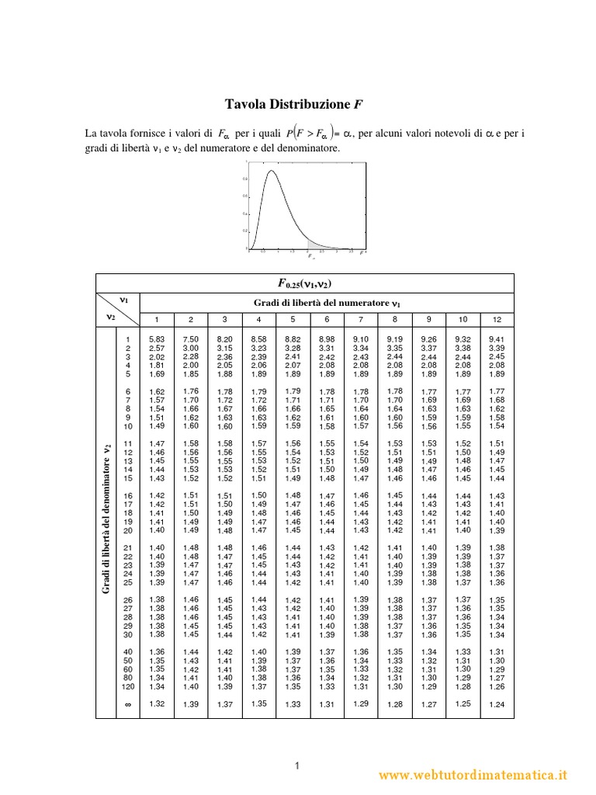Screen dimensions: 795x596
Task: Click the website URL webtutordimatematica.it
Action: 474,774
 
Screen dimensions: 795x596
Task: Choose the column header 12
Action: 497,319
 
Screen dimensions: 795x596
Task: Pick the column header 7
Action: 360,319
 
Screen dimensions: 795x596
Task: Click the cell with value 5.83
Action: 156,339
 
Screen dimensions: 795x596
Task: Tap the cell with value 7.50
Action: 190,339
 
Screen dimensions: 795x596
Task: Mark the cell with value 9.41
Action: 497,339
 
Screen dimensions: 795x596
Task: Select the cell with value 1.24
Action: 497,704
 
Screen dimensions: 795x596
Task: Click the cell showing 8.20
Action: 224,339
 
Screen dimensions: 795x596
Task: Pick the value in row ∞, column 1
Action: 156,703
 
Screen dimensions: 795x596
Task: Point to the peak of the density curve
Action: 272,172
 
